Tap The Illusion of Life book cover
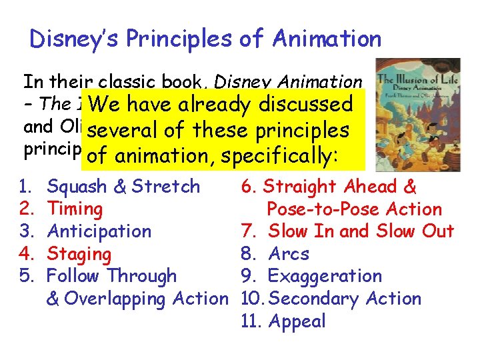[417, 105]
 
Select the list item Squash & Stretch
[123, 187]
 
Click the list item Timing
[75, 209]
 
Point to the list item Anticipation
[99, 231]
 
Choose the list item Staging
[79, 254]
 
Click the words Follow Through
[112, 276]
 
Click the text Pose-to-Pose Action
[354, 209]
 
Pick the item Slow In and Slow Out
[361, 231]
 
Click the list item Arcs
[289, 254]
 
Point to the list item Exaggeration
[325, 276]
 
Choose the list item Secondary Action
[345, 299]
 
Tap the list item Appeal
[297, 321]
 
